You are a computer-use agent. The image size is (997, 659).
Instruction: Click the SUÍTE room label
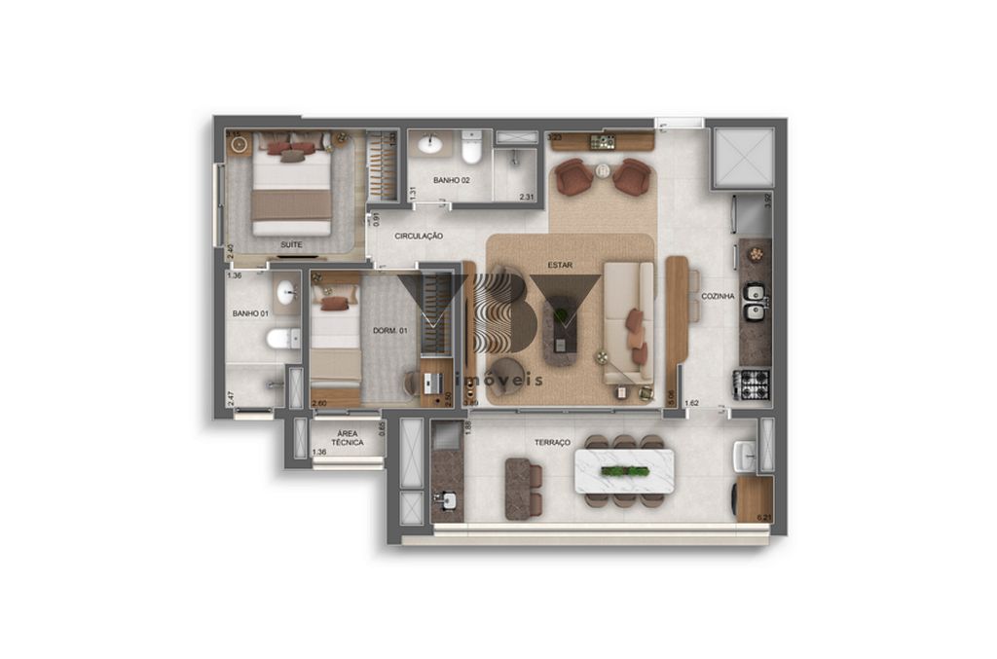[290, 244]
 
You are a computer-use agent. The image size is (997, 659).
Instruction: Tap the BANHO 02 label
[452, 181]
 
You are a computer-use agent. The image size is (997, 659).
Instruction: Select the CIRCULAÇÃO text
[420, 237]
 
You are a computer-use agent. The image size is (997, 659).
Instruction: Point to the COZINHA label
[718, 296]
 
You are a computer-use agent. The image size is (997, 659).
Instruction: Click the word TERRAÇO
[552, 442]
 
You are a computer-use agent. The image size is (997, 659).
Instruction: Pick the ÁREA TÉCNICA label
[347, 437]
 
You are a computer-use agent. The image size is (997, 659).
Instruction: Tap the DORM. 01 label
[388, 331]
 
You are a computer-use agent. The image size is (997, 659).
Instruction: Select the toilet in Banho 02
[471, 148]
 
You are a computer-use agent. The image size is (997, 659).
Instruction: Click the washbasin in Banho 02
[429, 146]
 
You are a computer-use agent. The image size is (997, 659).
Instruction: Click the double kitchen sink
[753, 302]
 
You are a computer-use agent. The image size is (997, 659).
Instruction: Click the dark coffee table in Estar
[561, 331]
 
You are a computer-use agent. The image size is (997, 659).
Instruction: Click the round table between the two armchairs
[603, 171]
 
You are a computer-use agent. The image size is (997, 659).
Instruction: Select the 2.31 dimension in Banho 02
[527, 197]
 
